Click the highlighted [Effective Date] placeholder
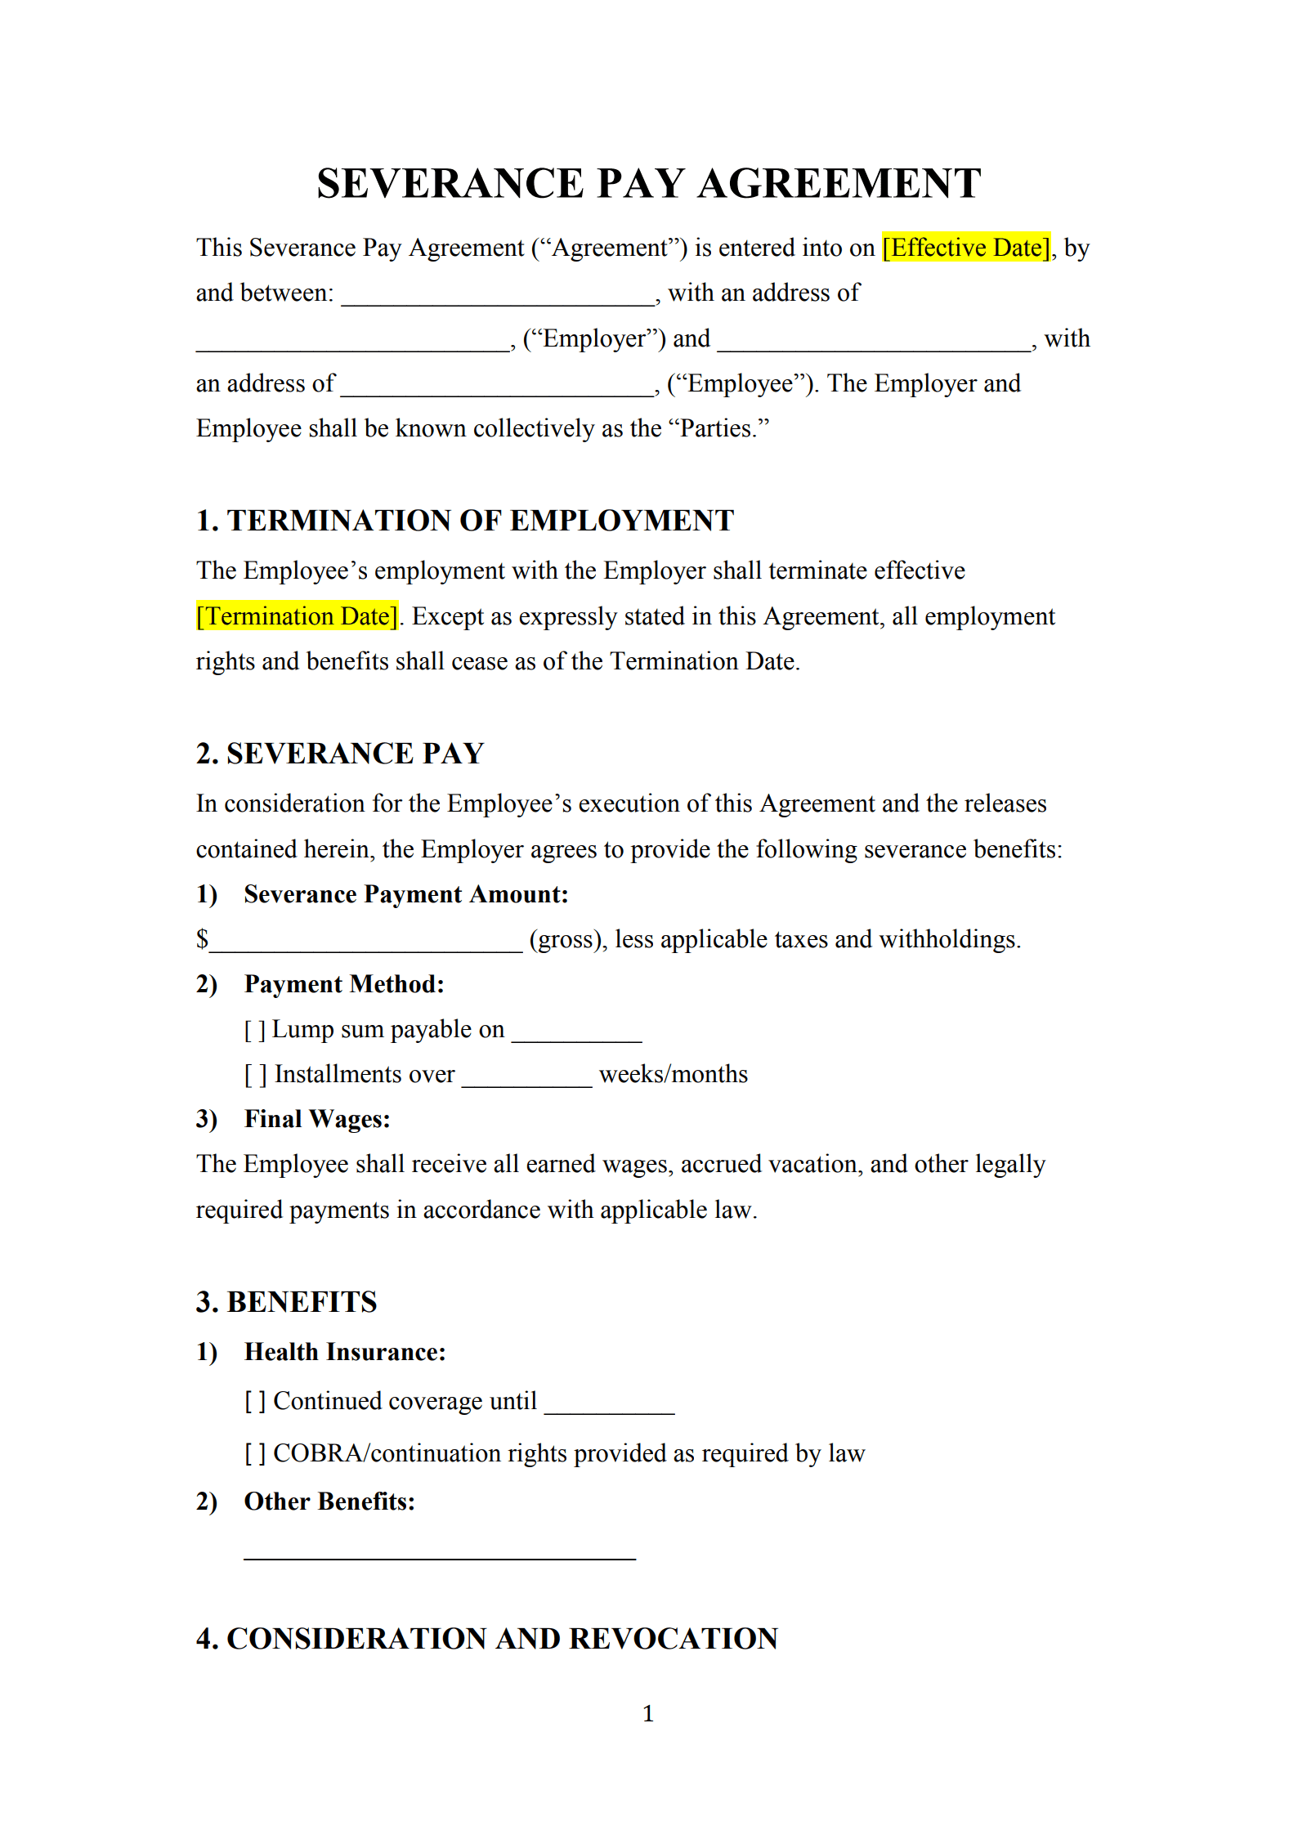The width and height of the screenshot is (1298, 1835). [x=966, y=248]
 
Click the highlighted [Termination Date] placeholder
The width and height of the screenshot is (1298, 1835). [x=298, y=616]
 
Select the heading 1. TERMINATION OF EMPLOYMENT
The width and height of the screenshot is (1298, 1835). [x=465, y=521]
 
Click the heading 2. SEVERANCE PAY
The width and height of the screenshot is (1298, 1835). [x=340, y=754]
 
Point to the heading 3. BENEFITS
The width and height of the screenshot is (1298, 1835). [x=286, y=1302]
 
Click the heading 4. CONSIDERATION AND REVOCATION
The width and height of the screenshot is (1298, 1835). [x=486, y=1639]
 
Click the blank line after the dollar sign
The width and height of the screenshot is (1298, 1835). [x=366, y=944]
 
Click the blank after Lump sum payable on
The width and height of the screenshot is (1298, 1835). [x=576, y=1034]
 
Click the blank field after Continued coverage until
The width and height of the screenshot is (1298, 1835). [x=609, y=1406]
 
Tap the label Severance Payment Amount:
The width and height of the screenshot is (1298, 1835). [x=405, y=895]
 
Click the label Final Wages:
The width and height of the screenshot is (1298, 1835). [x=317, y=1120]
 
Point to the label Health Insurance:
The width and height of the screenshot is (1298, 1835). [x=345, y=1353]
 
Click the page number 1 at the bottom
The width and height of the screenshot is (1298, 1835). [x=648, y=1713]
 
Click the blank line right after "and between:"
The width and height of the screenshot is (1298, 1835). [x=498, y=298]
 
